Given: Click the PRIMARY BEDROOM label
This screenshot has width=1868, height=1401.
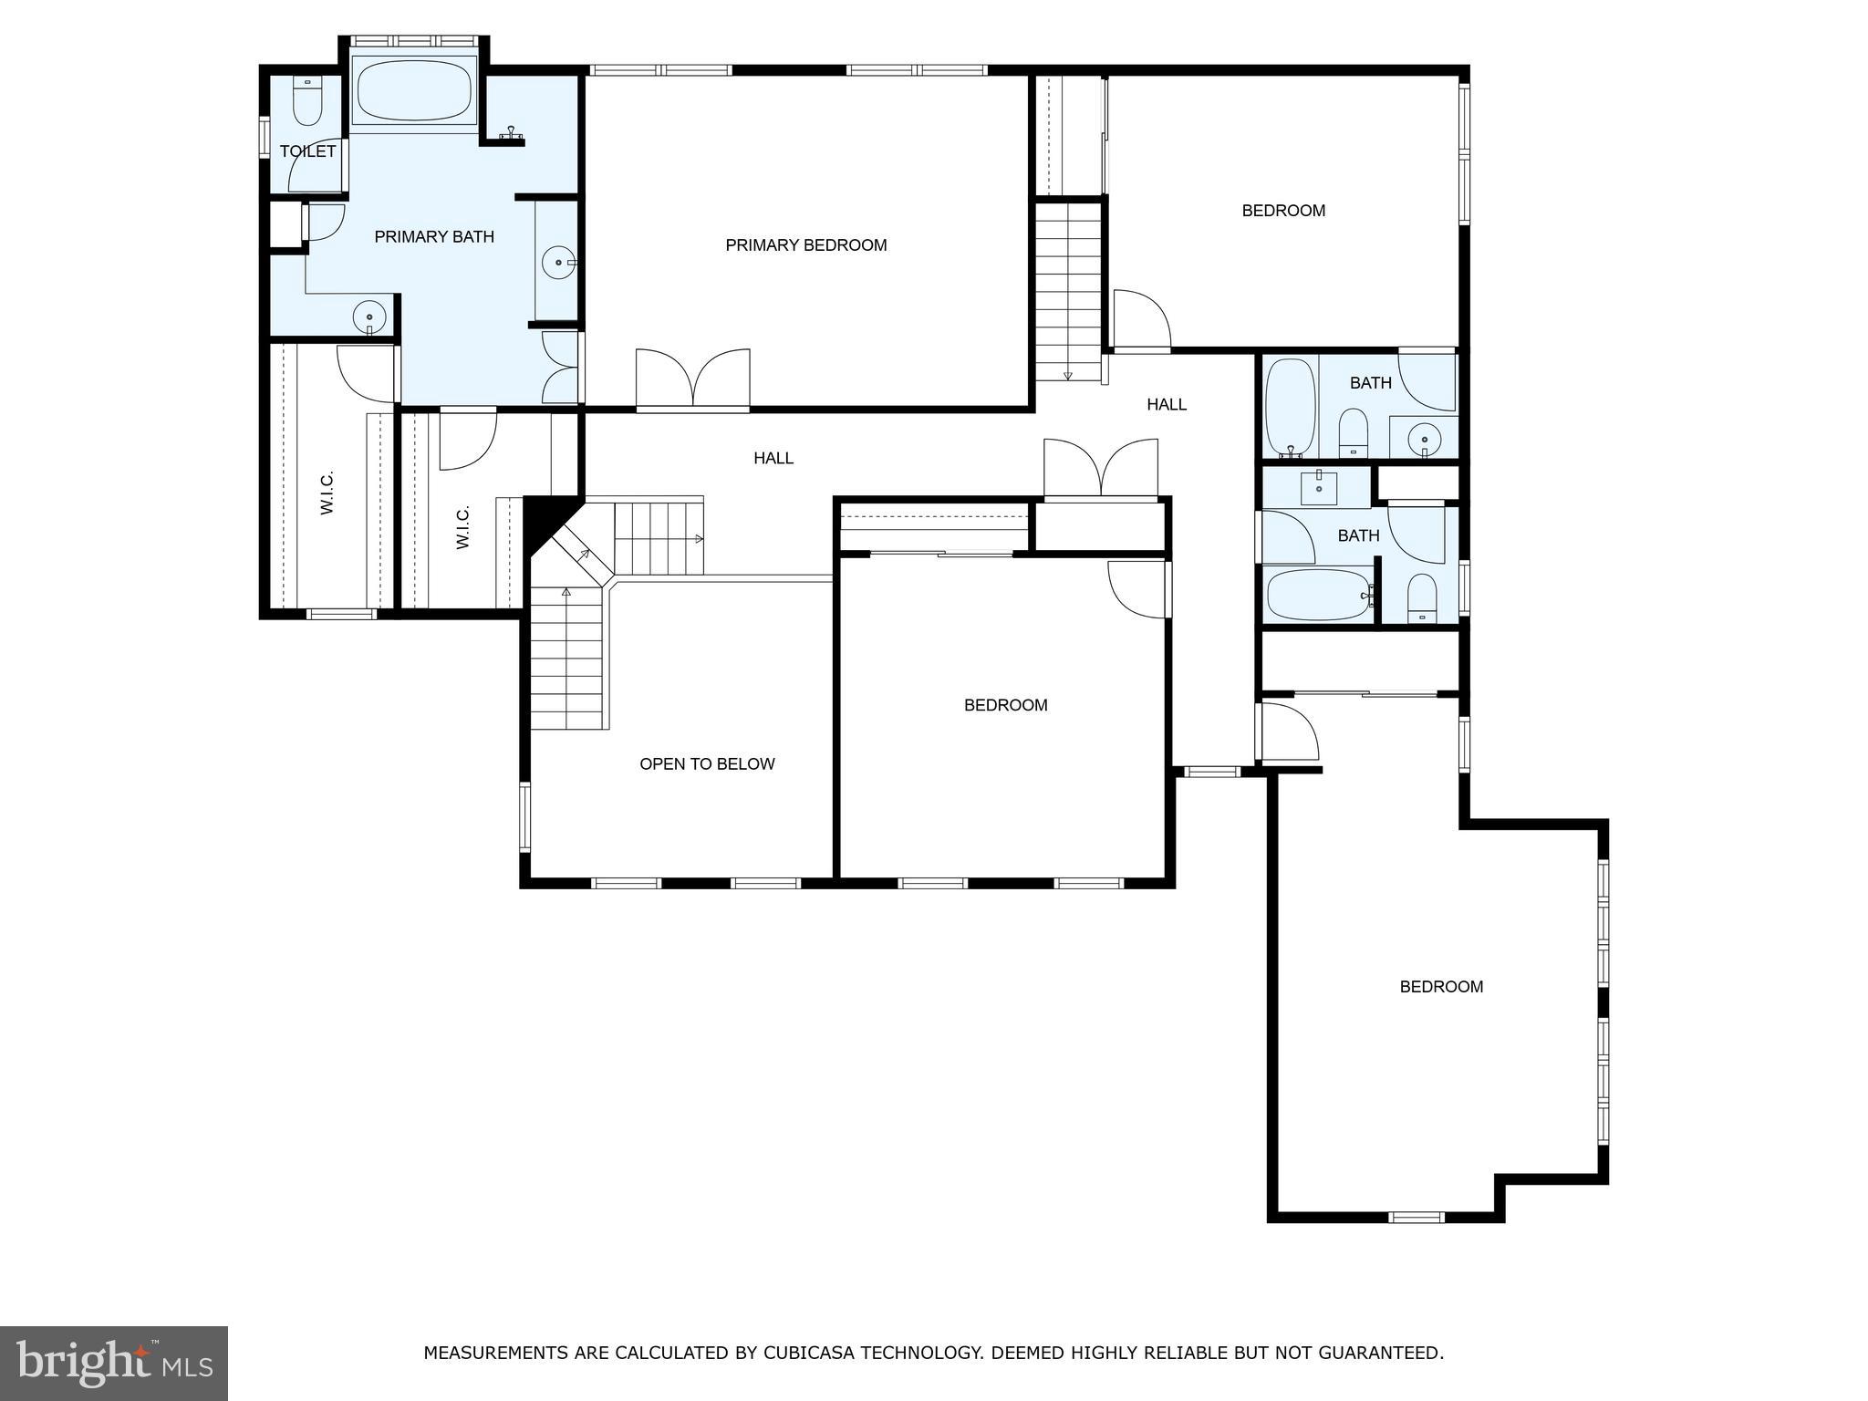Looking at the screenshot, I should (805, 244).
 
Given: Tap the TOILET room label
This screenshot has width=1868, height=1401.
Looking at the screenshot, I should (307, 151).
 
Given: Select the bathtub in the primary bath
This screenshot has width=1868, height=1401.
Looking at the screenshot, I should (413, 89).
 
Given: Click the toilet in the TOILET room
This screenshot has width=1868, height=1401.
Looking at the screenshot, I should (307, 101).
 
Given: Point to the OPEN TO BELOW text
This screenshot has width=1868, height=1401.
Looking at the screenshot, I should (707, 764).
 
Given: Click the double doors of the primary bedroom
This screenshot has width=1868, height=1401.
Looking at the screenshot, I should (693, 379).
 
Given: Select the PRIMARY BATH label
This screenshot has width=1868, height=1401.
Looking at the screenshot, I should (434, 237).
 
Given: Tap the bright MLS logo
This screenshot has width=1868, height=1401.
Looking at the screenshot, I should (114, 1363).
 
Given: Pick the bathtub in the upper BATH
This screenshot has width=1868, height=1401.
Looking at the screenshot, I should (1289, 407).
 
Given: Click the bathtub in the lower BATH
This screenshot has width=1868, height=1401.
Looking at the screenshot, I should (1316, 595).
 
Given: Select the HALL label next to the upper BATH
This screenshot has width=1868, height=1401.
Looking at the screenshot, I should (1166, 404).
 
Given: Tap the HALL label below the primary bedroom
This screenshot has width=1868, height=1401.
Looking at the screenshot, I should (773, 459).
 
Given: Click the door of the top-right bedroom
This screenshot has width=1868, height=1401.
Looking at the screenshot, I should (1141, 321).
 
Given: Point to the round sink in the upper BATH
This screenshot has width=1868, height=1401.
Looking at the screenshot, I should (1423, 441).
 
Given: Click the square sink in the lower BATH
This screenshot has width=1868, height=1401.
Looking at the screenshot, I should (1319, 487).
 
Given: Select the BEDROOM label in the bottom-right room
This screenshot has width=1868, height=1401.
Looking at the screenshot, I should (1441, 987).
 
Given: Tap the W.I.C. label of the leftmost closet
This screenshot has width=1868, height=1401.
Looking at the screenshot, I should (327, 493).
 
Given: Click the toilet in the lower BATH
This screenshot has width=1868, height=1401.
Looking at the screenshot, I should (1421, 599).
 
